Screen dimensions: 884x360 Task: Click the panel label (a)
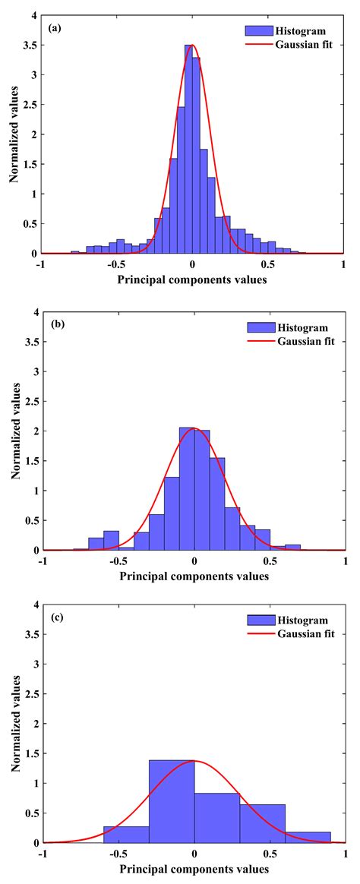pyautogui.click(x=55, y=28)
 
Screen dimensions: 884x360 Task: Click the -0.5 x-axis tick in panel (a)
pyautogui.click(x=115, y=265)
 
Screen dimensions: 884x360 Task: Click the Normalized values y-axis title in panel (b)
pyautogui.click(x=16, y=430)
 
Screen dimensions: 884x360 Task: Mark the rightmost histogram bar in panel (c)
pyautogui.click(x=308, y=837)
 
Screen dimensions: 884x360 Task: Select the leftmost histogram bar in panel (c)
pyautogui.click(x=126, y=834)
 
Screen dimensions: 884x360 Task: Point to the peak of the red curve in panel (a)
pyautogui.click(x=192, y=45)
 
